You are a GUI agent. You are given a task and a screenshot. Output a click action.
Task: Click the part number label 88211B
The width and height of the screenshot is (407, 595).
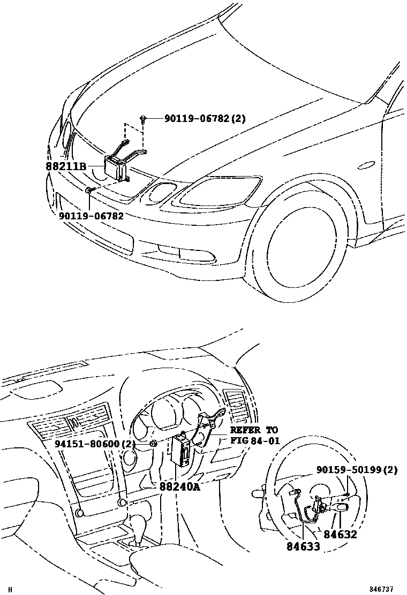[x=66, y=166]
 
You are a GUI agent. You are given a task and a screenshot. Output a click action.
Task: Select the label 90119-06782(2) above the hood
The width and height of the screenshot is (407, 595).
[x=197, y=119]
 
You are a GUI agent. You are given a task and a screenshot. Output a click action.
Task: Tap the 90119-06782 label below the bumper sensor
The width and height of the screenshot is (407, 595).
[x=92, y=216]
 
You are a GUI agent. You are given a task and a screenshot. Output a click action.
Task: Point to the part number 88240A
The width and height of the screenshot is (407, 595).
[x=179, y=487]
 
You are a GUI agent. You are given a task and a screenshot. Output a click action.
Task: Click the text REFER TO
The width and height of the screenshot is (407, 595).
[x=254, y=430]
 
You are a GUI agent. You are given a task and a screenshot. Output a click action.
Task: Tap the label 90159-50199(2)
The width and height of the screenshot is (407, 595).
[x=357, y=470]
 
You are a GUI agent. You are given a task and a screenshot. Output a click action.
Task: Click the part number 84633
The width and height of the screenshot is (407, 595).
[x=303, y=546]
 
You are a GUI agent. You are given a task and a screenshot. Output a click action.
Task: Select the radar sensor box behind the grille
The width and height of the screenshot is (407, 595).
[x=116, y=167]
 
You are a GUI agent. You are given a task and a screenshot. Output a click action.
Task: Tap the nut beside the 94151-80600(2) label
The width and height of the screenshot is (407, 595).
[x=153, y=443]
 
